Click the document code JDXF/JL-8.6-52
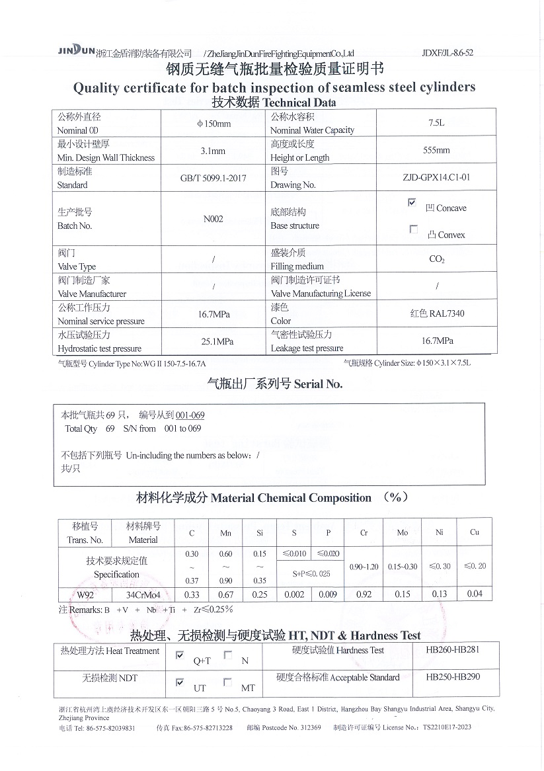[447, 53]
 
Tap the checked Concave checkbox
[412, 203]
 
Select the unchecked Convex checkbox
[414, 229]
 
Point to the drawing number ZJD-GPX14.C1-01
[436, 178]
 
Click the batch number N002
[213, 219]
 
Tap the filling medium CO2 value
[436, 259]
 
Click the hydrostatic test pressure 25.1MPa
[213, 342]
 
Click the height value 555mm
[436, 150]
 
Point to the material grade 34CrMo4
[143, 594]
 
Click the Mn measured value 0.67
[226, 594]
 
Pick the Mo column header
[402, 533]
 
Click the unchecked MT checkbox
[227, 682]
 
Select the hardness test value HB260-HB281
[453, 650]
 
